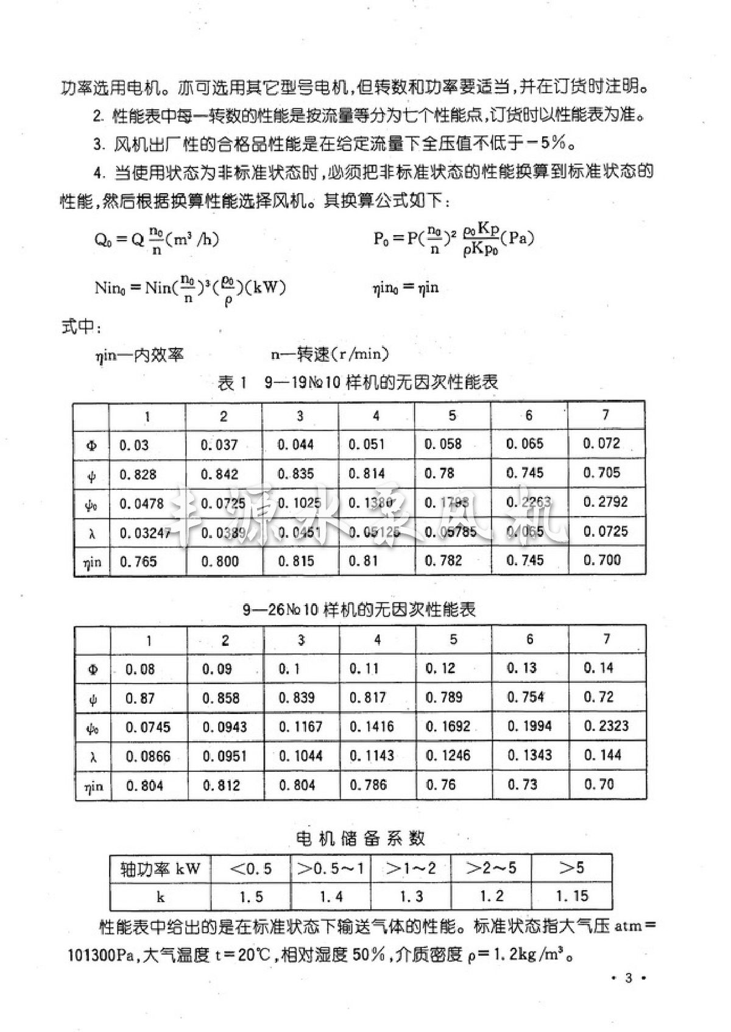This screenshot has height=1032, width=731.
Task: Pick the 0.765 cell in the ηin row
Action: [138, 561]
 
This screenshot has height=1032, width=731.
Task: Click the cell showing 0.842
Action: [219, 475]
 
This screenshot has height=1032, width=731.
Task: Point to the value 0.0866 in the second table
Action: [148, 756]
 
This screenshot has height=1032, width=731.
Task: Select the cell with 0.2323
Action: [606, 726]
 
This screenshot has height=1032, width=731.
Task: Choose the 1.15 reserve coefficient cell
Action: [572, 896]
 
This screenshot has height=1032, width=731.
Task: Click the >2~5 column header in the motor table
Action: [491, 868]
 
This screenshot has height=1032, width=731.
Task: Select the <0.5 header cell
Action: [250, 868]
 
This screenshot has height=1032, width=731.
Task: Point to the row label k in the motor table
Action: [160, 897]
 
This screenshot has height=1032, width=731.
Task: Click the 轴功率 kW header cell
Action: [160, 869]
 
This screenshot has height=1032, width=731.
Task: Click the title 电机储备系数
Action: [360, 838]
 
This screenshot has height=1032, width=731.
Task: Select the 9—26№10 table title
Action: [359, 609]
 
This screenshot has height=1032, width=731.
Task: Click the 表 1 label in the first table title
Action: [232, 383]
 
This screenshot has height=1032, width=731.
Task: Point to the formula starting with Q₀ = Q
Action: [157, 239]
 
